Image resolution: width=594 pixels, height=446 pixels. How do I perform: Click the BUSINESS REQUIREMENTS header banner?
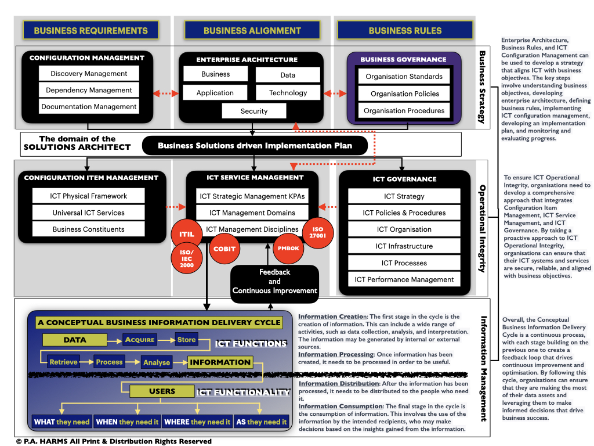(x=90, y=30)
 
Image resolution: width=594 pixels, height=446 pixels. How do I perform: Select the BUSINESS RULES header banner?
(x=405, y=30)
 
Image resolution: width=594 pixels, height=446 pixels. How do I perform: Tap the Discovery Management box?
(x=89, y=74)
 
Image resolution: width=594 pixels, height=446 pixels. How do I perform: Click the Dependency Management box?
(x=89, y=90)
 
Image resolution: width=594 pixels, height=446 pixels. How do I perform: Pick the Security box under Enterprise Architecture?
(x=254, y=111)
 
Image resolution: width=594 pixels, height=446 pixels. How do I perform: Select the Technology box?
(x=288, y=93)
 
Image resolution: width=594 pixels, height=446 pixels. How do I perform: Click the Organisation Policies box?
(x=405, y=93)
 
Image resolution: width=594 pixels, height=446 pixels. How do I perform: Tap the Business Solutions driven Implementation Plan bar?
(x=255, y=146)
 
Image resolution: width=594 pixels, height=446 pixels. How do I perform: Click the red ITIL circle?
(x=186, y=234)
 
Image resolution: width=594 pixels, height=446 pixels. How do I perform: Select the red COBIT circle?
(x=224, y=249)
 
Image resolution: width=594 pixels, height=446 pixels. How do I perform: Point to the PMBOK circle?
(x=288, y=249)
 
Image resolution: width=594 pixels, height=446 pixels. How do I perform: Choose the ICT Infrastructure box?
(x=404, y=246)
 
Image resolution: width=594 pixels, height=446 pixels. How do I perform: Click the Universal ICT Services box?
(x=88, y=213)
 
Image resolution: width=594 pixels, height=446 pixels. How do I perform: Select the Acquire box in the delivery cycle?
(x=140, y=340)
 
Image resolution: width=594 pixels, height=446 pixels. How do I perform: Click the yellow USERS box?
(x=162, y=391)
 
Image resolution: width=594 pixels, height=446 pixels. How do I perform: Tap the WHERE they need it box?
(x=197, y=422)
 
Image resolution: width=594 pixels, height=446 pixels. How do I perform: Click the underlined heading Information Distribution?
(x=338, y=383)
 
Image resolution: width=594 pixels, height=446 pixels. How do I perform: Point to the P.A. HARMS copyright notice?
(x=114, y=441)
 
